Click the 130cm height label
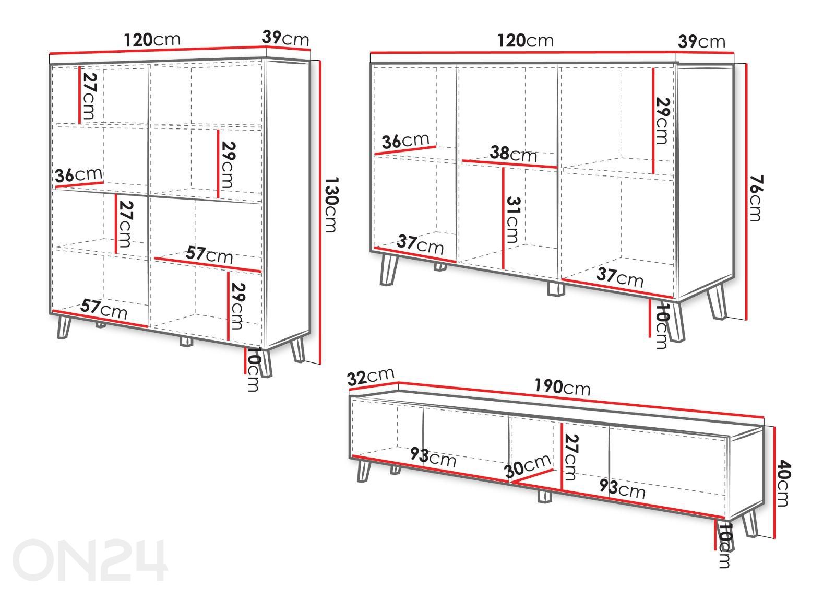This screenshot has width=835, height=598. coord(331,204)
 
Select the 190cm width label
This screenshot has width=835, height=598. coord(562,386)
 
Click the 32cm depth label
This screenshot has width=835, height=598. coord(371,376)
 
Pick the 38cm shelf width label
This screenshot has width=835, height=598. coord(514,154)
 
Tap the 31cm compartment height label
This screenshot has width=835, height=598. coord(513,220)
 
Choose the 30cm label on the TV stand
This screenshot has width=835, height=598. coord(528,466)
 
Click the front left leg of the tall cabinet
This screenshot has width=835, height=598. coord(64,327)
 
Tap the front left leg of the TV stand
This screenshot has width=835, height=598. coord(364,471)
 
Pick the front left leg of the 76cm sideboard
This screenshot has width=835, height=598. coord(388,269)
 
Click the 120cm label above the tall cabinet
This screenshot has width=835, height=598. coord(152,40)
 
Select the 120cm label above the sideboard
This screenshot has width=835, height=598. coord(525,41)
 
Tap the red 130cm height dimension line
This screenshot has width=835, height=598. coord(320,212)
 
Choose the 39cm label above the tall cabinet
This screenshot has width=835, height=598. coord(285,38)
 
